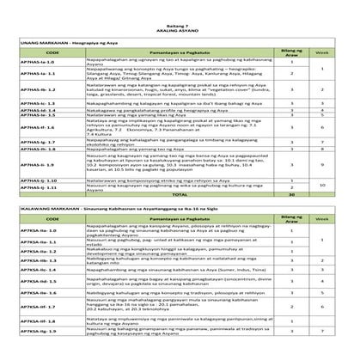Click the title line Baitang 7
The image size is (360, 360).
click(180, 6)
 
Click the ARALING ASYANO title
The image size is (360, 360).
click(180, 13)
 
